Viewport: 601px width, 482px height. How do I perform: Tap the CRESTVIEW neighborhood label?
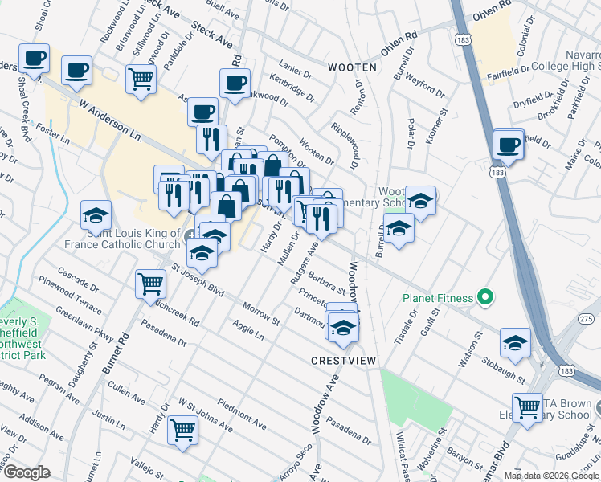tap(344, 361)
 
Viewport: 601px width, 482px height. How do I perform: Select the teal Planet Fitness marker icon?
tap(484, 298)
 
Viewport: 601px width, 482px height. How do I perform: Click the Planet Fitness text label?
tap(440, 298)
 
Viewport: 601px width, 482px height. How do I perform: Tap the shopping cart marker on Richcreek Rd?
tap(151, 284)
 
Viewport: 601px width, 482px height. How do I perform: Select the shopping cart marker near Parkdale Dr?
tap(141, 79)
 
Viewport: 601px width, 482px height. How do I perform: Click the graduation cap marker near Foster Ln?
tap(96, 214)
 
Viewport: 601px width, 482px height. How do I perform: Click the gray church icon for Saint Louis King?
tap(189, 235)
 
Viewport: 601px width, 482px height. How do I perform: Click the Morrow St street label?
tap(260, 314)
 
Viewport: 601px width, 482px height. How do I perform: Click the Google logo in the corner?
tap(27, 472)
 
